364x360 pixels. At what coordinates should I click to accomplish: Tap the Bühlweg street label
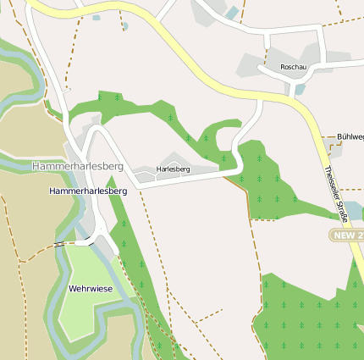click(x=350, y=136)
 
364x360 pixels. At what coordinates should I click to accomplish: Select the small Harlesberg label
click(x=174, y=169)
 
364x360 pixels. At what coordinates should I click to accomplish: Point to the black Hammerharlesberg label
click(x=88, y=191)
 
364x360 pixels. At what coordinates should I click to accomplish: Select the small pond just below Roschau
click(x=299, y=89)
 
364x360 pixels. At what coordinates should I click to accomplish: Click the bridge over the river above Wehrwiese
click(x=59, y=243)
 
